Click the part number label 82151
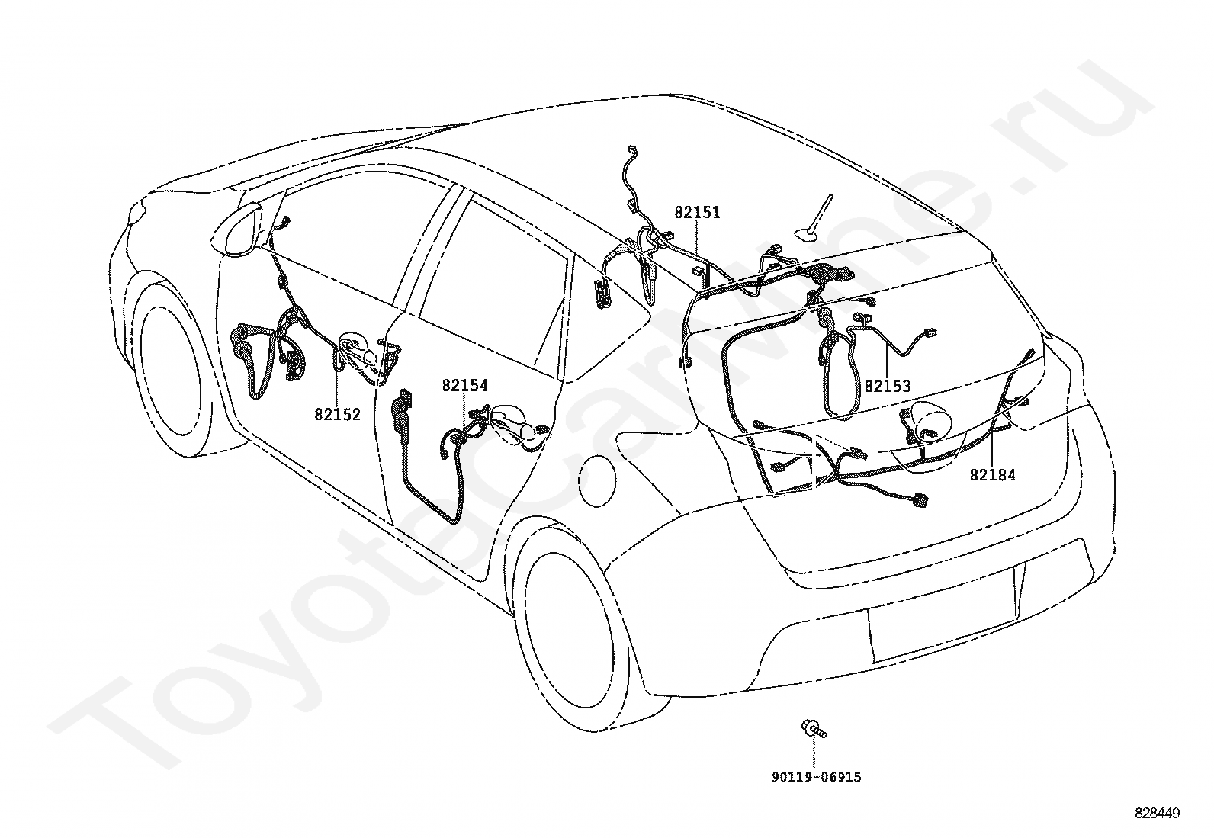pyautogui.click(x=697, y=213)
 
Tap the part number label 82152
pyautogui.click(x=337, y=415)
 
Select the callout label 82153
pyautogui.click(x=888, y=387)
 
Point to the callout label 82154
pyautogui.click(x=465, y=385)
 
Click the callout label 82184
pyautogui.click(x=993, y=475)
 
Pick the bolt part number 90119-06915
pyautogui.click(x=816, y=777)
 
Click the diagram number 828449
pyautogui.click(x=1158, y=814)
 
